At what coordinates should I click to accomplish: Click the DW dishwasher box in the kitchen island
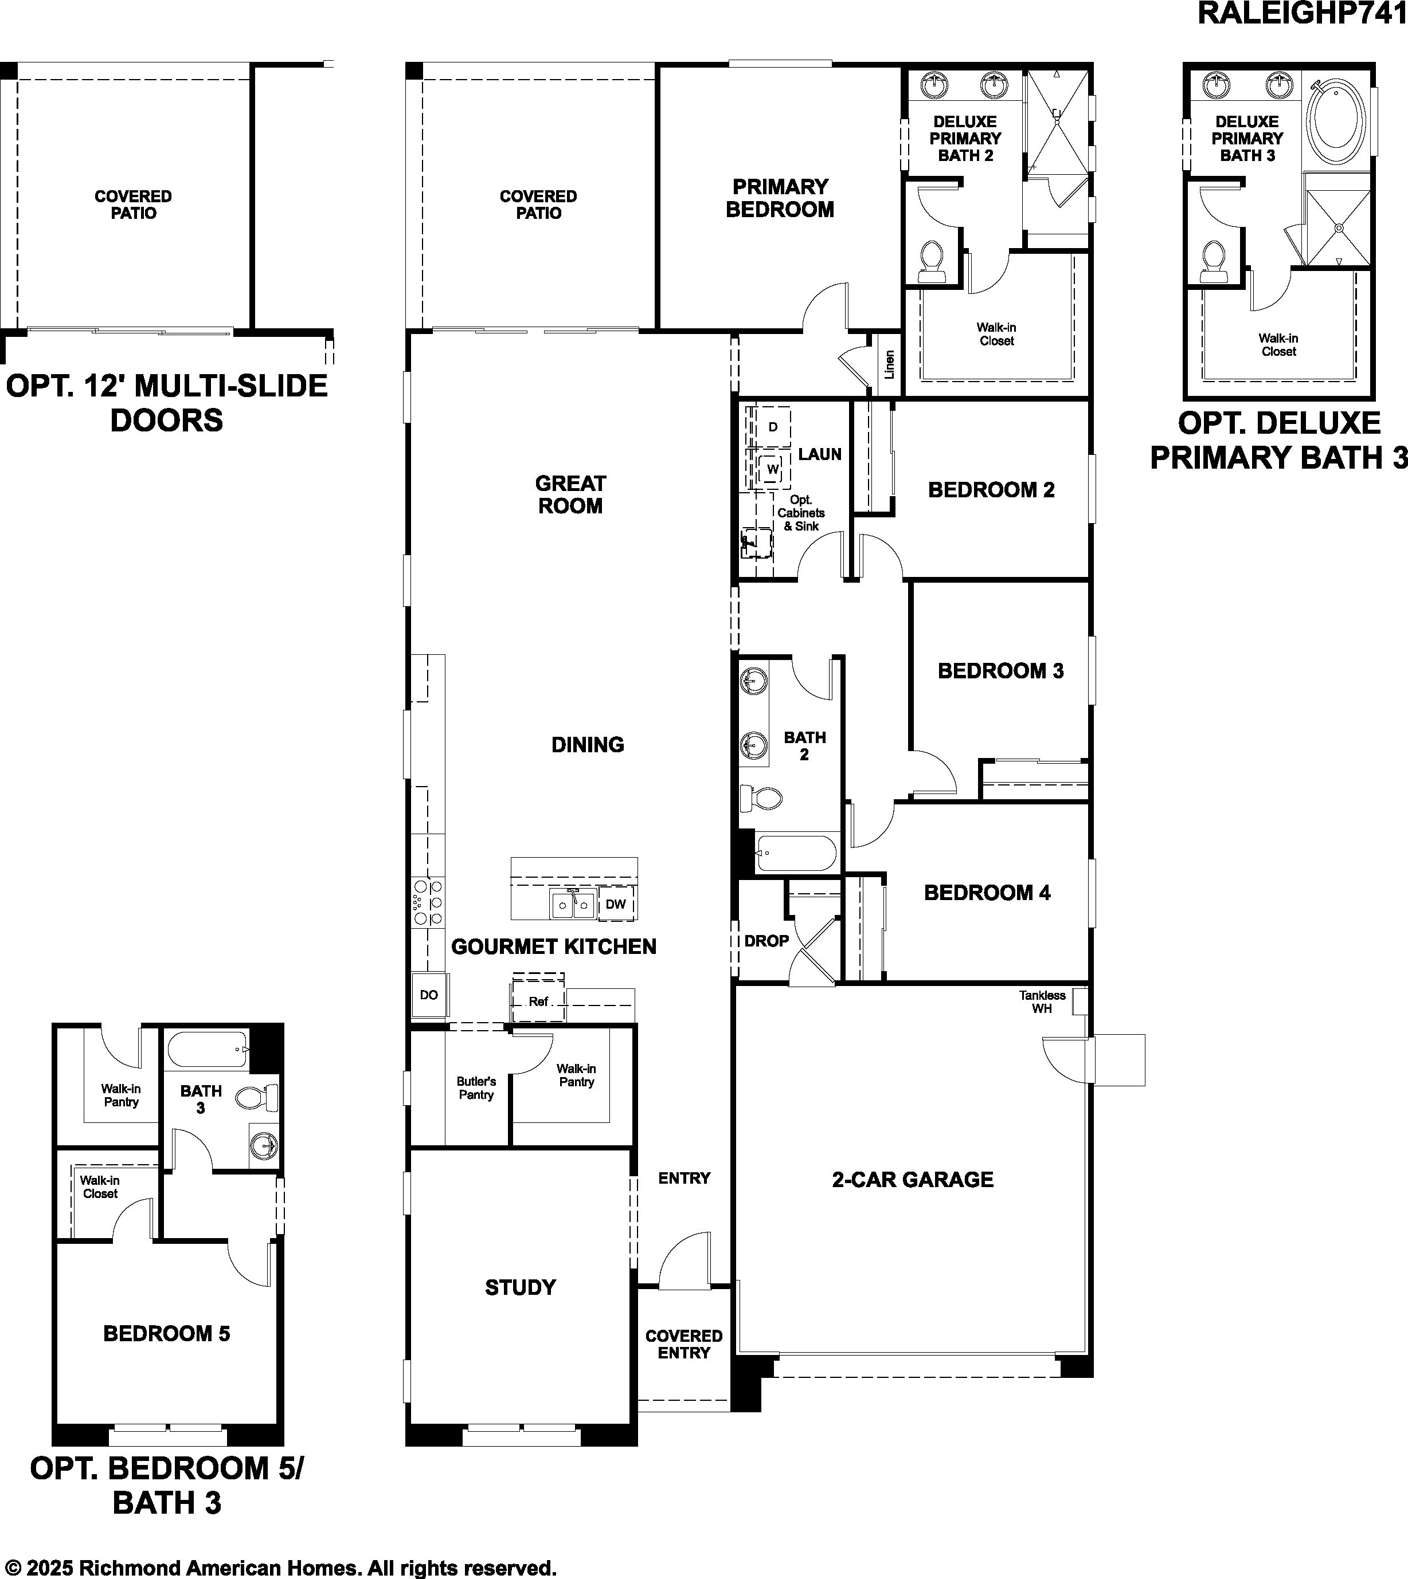coord(616,903)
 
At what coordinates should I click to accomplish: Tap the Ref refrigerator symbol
coord(538,1001)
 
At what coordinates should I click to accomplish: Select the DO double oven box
coord(429,995)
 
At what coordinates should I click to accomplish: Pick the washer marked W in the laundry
coord(773,469)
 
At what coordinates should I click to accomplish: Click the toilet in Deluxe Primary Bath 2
coord(932,261)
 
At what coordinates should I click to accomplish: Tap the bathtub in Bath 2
coord(797,853)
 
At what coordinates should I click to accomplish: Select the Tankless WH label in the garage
coord(1042,1001)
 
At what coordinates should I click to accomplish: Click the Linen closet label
coord(890,364)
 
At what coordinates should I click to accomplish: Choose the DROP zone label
coord(766,941)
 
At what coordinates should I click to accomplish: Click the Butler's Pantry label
coord(476,1088)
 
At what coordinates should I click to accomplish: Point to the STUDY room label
coord(521,1287)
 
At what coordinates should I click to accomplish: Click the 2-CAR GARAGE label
coord(913,1179)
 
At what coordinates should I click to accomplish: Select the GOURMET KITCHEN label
coord(554,946)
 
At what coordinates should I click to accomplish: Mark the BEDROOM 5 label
coord(167,1333)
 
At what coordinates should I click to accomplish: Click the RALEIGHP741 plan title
coord(1302,13)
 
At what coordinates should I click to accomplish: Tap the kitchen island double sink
coord(573,903)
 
